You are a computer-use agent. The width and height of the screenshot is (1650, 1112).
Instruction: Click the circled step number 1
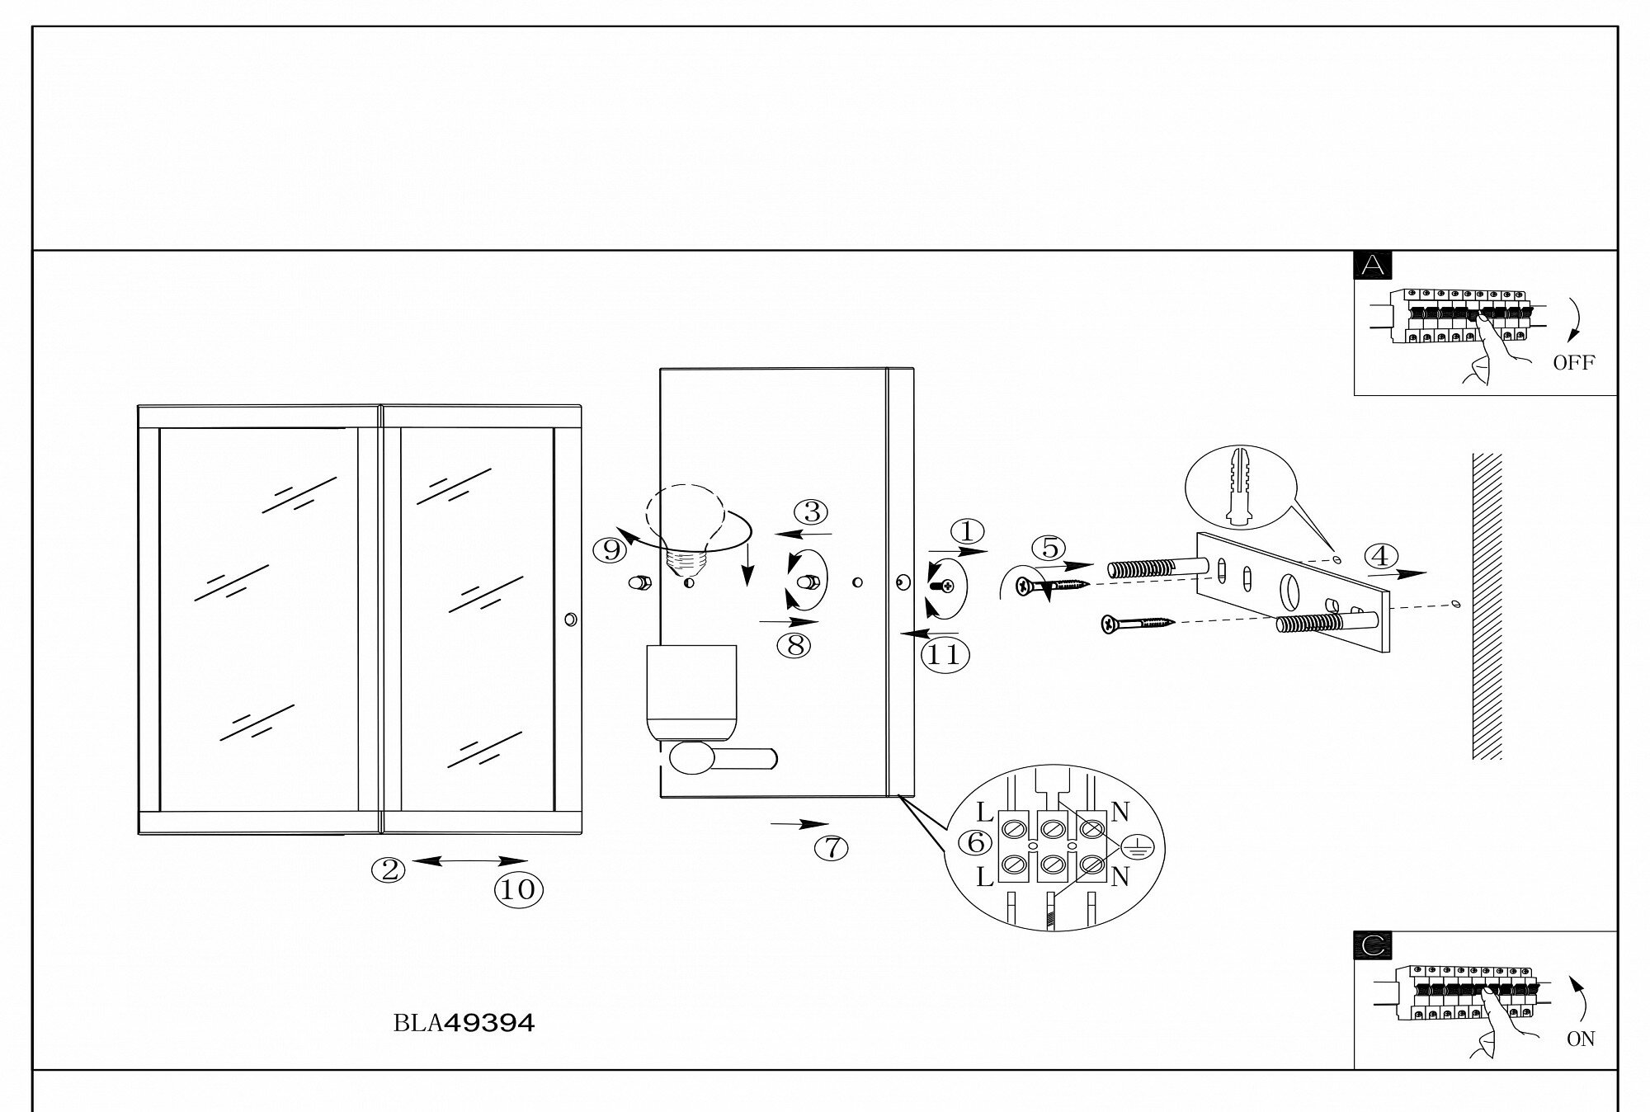click(968, 531)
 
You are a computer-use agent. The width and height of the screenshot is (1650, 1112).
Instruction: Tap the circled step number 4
click(1379, 556)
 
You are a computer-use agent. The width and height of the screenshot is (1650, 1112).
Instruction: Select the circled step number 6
click(976, 842)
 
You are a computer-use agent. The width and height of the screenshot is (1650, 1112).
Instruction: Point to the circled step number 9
click(611, 549)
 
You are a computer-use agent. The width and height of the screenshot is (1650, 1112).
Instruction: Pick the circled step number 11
click(944, 654)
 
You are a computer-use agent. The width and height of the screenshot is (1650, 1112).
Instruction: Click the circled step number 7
click(832, 847)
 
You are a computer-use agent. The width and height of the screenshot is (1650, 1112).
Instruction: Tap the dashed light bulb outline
click(685, 520)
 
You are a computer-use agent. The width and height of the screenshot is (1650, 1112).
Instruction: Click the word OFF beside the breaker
click(1573, 362)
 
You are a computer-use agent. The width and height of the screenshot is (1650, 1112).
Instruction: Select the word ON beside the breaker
click(1581, 1039)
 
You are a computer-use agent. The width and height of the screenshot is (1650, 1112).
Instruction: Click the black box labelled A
click(1373, 265)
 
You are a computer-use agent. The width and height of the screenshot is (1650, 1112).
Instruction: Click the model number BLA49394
click(464, 1024)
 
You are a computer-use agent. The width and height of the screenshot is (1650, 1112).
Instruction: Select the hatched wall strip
click(1487, 606)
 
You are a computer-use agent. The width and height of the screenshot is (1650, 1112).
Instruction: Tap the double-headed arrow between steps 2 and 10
click(469, 860)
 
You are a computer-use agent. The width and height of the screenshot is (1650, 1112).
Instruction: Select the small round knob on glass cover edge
click(570, 619)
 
